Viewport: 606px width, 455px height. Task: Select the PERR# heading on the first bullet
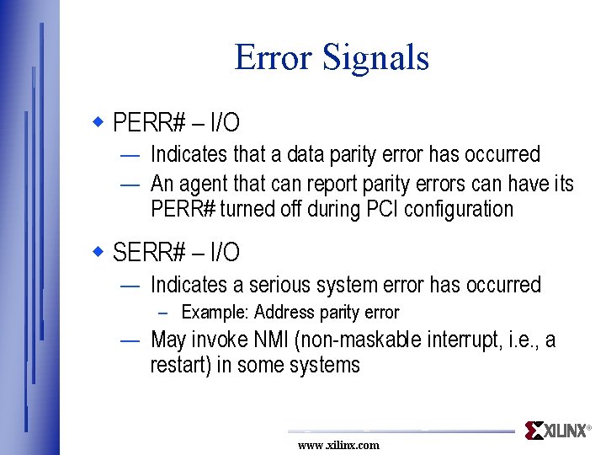[149, 123]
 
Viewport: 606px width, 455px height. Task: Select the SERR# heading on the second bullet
[149, 252]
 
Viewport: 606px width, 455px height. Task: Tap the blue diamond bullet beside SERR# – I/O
[98, 251]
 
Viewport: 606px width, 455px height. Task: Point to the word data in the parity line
[310, 154]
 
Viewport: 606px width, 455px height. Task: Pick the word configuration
[459, 209]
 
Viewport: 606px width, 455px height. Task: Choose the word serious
[276, 285]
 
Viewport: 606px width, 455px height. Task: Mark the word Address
[284, 313]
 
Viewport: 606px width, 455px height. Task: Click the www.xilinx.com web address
[338, 445]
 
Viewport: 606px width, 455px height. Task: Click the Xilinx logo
[556, 431]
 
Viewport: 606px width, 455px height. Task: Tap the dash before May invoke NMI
[130, 340]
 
